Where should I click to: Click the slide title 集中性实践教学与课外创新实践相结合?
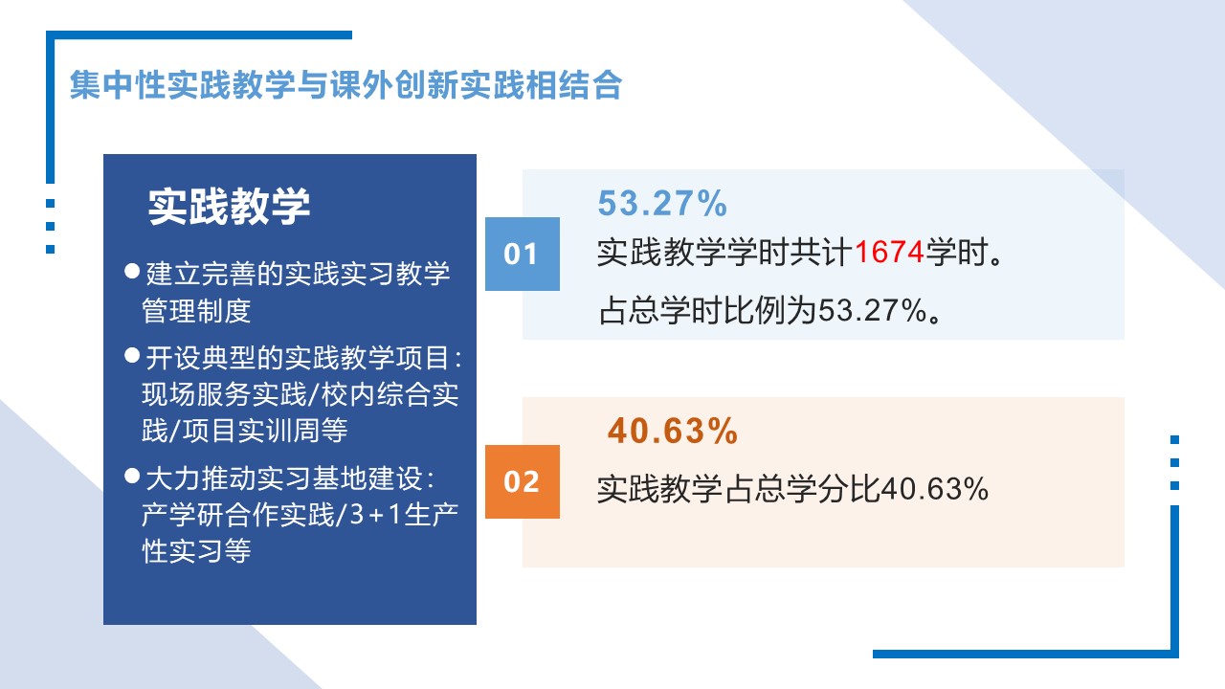[345, 85]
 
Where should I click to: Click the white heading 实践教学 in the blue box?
[229, 206]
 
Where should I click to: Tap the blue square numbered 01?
[523, 254]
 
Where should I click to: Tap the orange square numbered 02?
[523, 481]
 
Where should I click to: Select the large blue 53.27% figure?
[662, 203]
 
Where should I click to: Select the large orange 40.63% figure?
[673, 431]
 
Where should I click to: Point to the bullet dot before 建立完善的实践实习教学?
[132, 271]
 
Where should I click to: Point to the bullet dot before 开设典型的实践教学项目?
[132, 355]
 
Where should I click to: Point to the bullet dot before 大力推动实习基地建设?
[132, 476]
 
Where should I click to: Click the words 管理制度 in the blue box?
[196, 311]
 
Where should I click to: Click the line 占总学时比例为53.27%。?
[770, 311]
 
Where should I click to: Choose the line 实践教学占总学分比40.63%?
[793, 488]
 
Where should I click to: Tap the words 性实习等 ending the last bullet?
[196, 550]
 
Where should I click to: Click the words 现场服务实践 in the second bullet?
[224, 394]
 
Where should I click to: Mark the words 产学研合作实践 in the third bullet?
[238, 515]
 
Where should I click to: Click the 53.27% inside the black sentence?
[872, 311]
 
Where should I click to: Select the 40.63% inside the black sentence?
[935, 488]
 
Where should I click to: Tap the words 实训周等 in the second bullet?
[293, 430]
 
